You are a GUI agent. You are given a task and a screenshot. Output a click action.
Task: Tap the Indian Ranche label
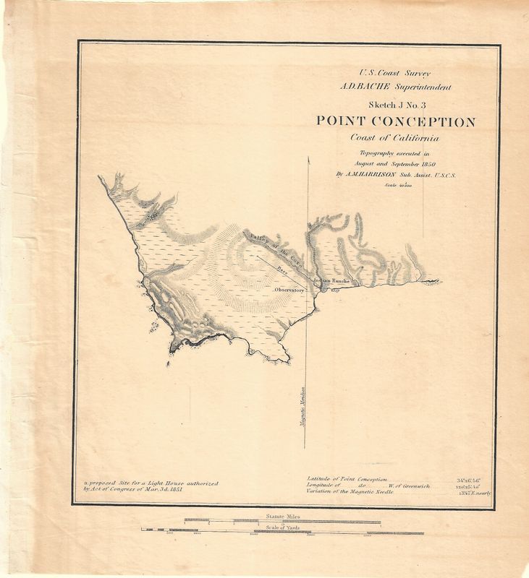331,280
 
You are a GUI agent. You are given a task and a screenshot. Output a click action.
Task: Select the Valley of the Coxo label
274,251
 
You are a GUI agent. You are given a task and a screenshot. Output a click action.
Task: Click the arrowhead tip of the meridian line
309,157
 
